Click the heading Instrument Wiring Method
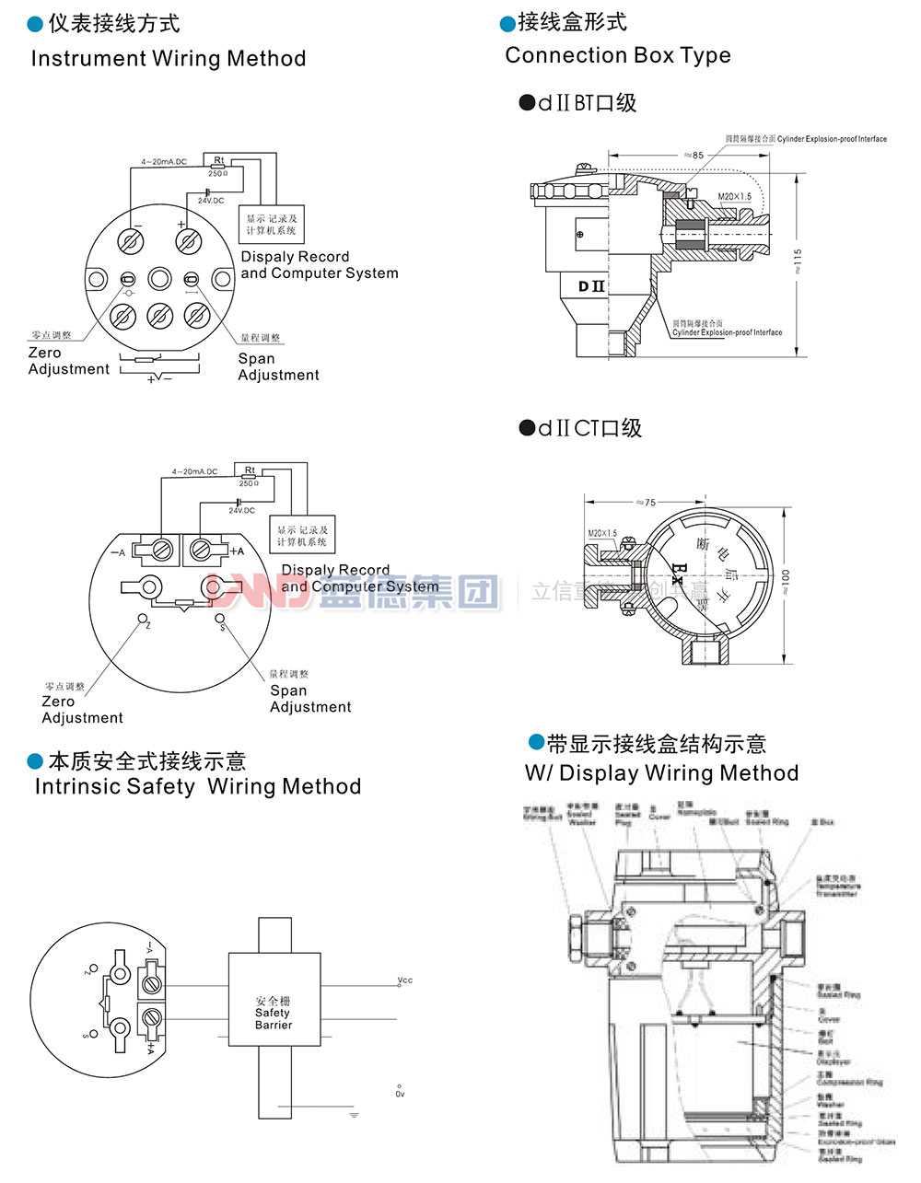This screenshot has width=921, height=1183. point(169,58)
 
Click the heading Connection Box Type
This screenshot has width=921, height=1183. point(617,55)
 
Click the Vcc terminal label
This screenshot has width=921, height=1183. point(404,980)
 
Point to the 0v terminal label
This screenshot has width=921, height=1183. point(400,1094)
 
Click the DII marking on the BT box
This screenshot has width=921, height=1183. point(591,285)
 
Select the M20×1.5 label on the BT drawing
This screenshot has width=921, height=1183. point(734,197)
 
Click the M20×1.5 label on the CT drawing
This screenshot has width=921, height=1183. point(602,534)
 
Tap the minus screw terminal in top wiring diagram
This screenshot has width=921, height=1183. point(131,241)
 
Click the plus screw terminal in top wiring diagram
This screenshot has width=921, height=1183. point(189,241)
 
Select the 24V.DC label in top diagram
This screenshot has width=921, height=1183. point(210,200)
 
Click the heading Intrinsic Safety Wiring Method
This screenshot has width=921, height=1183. point(197,786)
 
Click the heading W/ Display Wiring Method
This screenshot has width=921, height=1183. point(661,772)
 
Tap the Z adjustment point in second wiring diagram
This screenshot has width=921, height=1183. point(143,619)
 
